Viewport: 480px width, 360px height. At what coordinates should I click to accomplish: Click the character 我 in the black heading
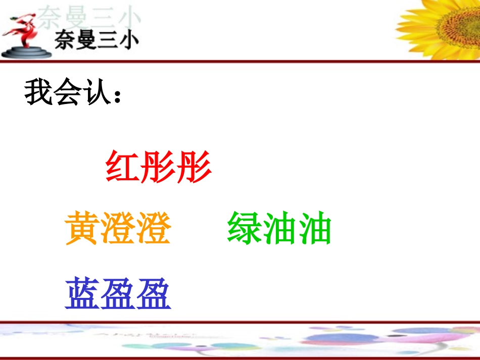[39, 92]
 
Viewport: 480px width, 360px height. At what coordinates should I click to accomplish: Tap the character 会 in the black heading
[69, 92]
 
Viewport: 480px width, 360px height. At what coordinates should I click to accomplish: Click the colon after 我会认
[118, 96]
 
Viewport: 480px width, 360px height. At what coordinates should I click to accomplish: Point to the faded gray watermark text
[91, 17]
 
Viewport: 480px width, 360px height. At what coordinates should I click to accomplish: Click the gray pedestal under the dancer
[26, 52]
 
